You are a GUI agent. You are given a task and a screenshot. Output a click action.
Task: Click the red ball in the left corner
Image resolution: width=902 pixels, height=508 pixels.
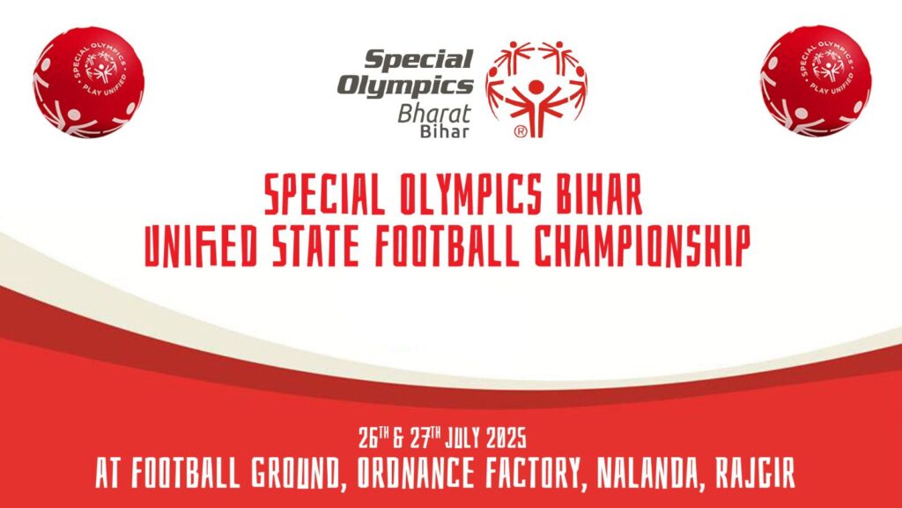[89, 82]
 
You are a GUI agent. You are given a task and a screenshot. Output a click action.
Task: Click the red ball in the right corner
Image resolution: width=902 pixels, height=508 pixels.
[815, 80]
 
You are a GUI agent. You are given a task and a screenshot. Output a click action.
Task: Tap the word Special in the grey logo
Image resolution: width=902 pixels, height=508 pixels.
[418, 59]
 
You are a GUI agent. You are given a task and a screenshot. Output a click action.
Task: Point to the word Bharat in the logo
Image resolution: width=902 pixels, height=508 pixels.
[434, 114]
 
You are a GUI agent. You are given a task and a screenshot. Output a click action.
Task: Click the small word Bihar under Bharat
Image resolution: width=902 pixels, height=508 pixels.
[444, 131]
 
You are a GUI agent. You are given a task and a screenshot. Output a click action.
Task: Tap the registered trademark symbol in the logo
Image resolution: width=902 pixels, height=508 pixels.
[520, 131]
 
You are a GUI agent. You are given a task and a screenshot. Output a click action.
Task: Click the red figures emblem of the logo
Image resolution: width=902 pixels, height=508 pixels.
[536, 89]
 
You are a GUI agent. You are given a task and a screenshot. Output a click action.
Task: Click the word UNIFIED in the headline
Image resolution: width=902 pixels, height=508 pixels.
[199, 247]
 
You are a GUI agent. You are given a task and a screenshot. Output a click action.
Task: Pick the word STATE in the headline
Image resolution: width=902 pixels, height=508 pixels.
[315, 247]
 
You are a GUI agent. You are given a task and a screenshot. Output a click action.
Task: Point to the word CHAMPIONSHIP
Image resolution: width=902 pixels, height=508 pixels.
[642, 247]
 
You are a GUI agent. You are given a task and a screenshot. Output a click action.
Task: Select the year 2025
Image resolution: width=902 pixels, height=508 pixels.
[506, 439]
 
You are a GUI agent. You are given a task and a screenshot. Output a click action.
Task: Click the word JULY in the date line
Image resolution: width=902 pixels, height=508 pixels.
[462, 439]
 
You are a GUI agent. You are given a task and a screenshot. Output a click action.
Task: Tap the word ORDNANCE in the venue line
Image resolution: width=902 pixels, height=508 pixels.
[416, 474]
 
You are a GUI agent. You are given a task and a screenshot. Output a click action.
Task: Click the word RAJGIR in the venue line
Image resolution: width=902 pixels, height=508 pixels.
[755, 474]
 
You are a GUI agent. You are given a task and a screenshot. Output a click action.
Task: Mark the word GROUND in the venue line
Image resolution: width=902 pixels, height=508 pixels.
[297, 474]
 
